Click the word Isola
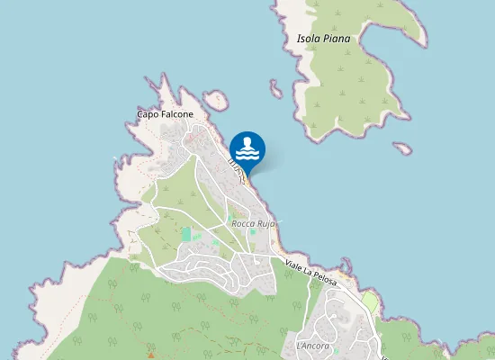click(310, 39)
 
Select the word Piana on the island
click(337, 39)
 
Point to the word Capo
click(148, 114)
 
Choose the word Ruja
click(265, 223)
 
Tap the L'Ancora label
click(312, 346)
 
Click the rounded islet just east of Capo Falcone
click(216, 100)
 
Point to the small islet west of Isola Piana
click(275, 88)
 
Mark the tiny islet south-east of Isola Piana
click(402, 148)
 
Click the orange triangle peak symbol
click(150, 346)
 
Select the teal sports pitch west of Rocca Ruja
click(186, 234)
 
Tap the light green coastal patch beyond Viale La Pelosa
click(370, 301)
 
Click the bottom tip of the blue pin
click(247, 173)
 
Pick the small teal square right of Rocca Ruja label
click(253, 232)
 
